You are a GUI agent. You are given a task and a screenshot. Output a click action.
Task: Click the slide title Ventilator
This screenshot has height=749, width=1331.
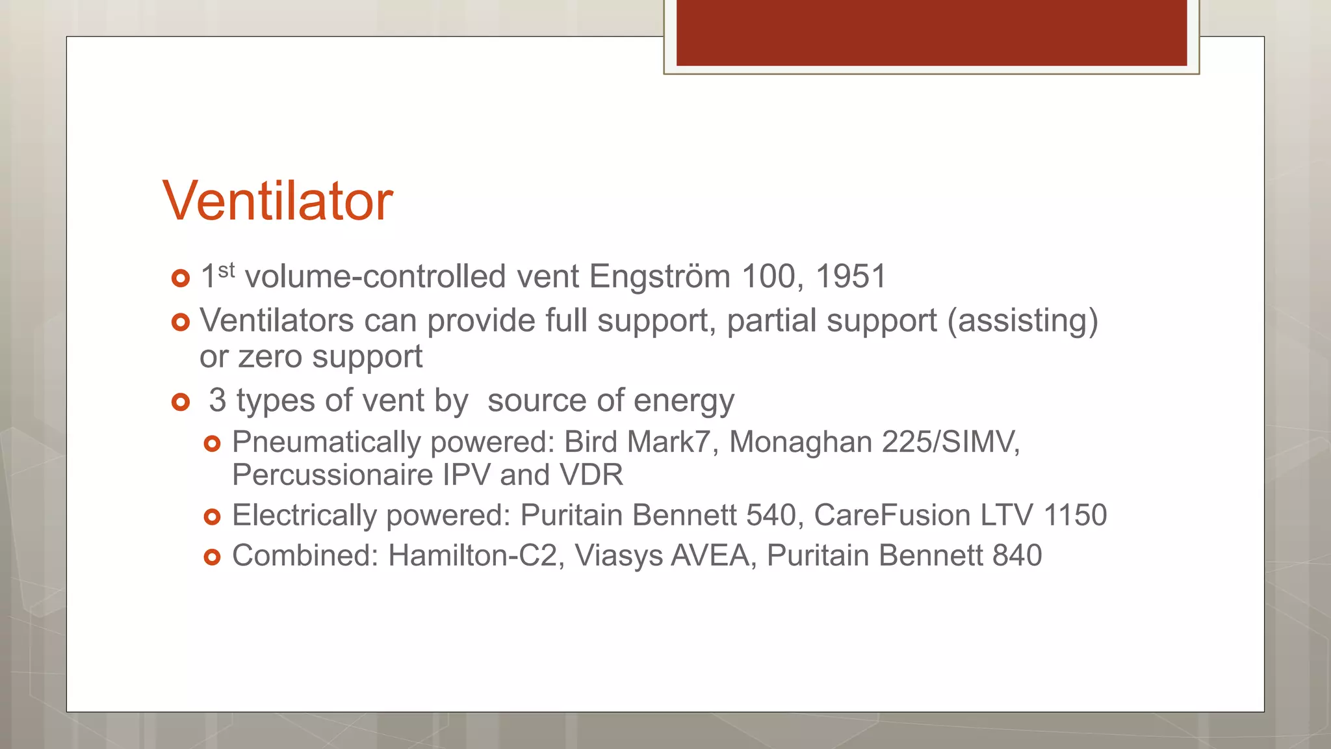pos(278,201)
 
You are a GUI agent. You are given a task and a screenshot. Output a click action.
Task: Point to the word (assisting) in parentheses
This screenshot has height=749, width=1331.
pos(1022,321)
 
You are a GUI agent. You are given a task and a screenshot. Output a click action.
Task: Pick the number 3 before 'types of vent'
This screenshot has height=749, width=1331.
pos(217,400)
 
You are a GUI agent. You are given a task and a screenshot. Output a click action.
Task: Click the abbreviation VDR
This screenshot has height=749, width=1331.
pos(591,475)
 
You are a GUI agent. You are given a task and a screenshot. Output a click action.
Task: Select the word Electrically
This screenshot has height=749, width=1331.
pos(304,516)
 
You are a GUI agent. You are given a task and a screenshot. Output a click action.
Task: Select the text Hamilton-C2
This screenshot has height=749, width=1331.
pos(472,556)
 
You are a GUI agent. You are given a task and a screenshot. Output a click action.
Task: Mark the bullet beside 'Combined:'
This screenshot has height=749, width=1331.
pos(212,557)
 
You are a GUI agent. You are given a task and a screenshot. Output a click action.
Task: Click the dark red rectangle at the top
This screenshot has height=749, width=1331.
pos(931,33)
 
